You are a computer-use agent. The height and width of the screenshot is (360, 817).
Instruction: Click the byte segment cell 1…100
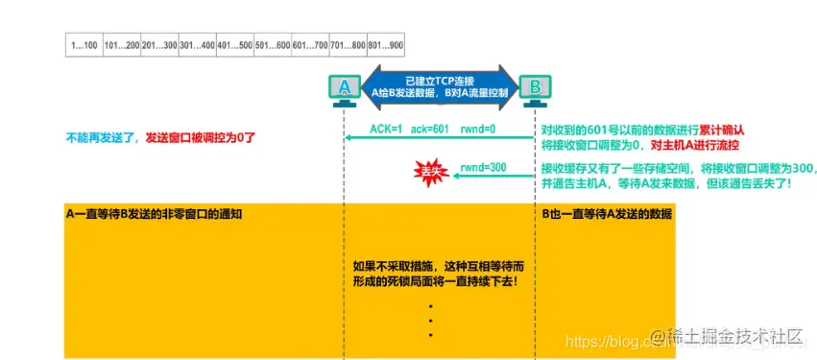[x=84, y=44]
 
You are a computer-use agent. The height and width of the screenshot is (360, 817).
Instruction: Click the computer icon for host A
[x=343, y=87]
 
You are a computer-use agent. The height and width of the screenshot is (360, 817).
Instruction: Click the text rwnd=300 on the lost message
[x=484, y=168]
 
